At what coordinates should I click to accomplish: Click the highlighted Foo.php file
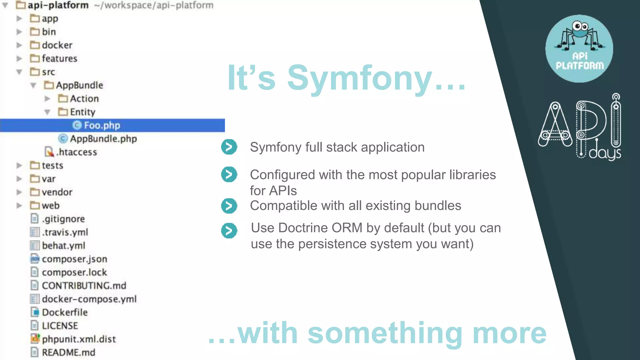tap(102, 125)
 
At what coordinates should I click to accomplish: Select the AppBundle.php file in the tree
tap(103, 139)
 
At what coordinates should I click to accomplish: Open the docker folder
tap(57, 45)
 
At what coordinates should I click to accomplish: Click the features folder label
tap(59, 58)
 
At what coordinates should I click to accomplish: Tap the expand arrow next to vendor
tap(19, 192)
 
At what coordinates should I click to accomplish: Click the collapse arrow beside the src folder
tap(19, 72)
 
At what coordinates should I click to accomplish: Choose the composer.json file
tap(74, 259)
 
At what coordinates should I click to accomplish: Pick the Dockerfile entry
tap(65, 312)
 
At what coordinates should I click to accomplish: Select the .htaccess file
tap(77, 152)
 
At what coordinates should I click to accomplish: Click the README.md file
tap(68, 352)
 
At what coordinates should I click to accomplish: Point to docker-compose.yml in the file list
tap(89, 299)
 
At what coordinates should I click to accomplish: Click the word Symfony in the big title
tap(359, 78)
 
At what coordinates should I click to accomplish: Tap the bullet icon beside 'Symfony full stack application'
tap(229, 147)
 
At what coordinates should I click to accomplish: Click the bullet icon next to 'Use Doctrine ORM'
tap(229, 231)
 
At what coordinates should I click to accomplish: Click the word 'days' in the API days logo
tap(605, 153)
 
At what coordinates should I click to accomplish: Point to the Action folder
tap(84, 99)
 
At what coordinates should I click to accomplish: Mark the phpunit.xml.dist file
tap(79, 339)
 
